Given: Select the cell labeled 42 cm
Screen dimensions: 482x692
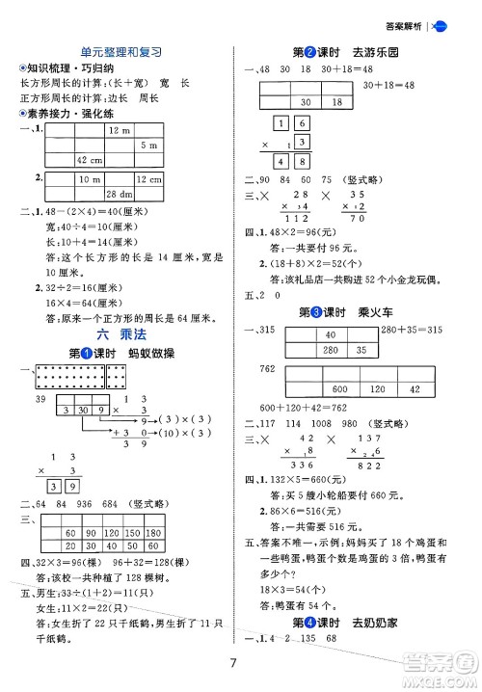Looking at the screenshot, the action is click(90, 159).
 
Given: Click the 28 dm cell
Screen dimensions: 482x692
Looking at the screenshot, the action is click(120, 194).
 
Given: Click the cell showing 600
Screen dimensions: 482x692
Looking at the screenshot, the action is click(337, 388).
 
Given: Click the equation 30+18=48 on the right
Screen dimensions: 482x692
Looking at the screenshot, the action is click(388, 86).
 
